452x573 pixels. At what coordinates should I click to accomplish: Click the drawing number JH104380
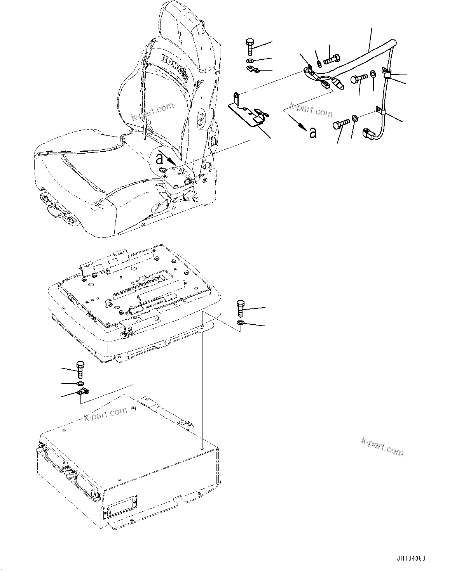411,559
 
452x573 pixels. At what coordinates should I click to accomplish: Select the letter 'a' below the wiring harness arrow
312,133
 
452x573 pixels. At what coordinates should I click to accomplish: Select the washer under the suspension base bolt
241,323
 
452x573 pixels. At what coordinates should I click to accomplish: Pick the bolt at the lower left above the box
80,369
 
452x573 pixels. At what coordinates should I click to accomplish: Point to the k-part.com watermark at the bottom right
382,447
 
